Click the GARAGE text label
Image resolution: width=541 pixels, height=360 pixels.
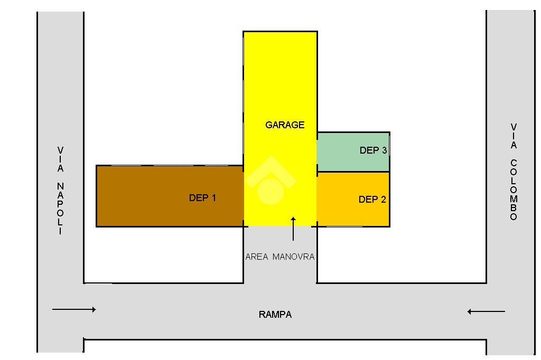point(285,125)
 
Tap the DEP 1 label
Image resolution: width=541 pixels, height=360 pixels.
point(202,198)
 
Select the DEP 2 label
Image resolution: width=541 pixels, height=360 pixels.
point(372,200)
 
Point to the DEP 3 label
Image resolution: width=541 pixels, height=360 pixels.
point(373,150)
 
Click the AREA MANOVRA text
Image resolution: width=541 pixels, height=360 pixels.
point(280,257)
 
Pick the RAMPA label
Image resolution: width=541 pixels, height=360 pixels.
point(275,315)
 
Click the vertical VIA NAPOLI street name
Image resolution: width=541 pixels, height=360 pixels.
point(60,191)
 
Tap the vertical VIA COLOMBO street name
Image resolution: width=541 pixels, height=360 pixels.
point(514,172)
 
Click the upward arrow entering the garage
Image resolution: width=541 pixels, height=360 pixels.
point(293,228)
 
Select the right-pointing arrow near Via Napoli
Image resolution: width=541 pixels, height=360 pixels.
point(74,309)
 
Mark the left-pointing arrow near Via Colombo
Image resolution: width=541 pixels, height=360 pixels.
point(486,311)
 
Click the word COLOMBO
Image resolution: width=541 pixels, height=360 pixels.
point(514,190)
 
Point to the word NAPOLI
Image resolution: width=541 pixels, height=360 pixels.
point(60,209)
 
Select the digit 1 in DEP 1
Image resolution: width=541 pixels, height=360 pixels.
point(213,198)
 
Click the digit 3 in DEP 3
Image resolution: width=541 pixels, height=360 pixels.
point(384,150)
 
